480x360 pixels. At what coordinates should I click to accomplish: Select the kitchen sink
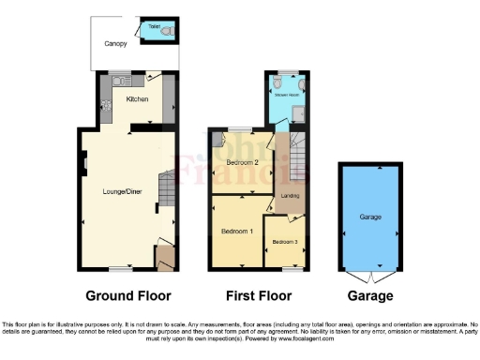(120, 82)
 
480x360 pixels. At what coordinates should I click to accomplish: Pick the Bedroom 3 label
(284, 242)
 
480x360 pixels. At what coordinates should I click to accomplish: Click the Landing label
(290, 195)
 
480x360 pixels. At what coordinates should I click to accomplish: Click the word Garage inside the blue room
(371, 217)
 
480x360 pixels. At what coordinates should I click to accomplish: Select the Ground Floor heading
(128, 295)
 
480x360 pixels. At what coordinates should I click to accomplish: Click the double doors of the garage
(371, 277)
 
